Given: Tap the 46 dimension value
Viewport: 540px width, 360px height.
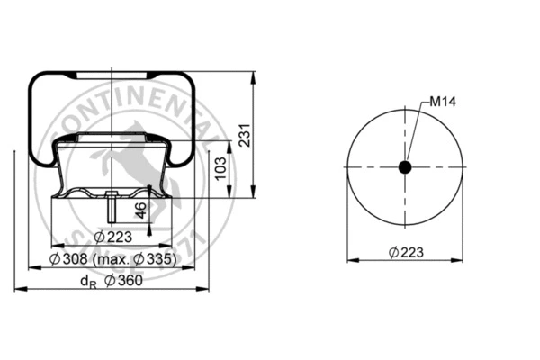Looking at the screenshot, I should pos(142,211).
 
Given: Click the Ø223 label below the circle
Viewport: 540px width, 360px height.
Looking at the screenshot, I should pos(406,252).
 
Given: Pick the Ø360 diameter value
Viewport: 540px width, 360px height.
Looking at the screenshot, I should pos(124,282).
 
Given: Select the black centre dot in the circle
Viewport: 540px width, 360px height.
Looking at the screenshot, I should pos(405,167).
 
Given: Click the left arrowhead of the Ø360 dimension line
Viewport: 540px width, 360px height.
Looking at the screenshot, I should pos(17,290).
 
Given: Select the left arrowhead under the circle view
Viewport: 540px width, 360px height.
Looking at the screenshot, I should pos(349,260).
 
